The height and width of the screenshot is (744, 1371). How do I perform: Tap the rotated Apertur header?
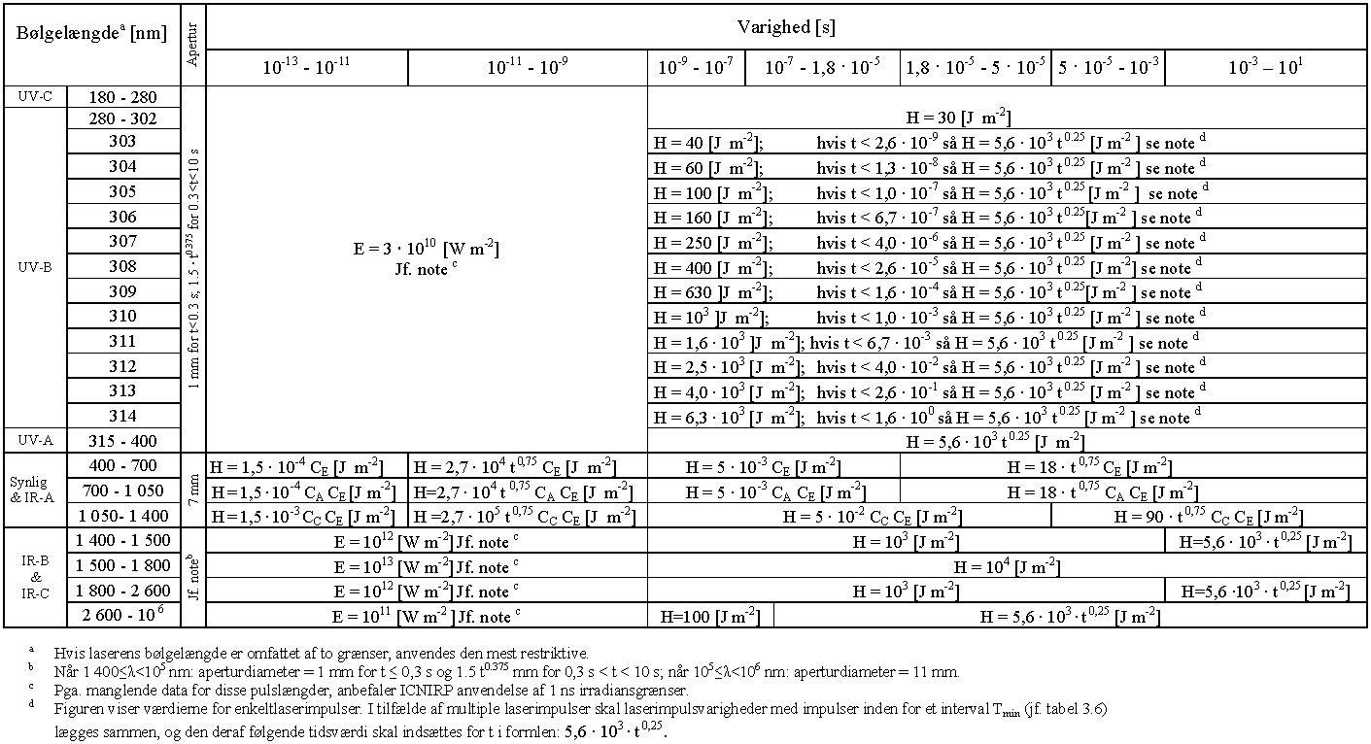(193, 46)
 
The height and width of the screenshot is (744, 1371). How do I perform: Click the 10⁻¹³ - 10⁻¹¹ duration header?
(307, 68)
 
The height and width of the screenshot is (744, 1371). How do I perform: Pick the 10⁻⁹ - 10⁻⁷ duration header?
(697, 68)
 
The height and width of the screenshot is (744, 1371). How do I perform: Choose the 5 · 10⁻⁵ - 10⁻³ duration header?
(1108, 68)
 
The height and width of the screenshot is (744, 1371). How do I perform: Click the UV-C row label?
(36, 97)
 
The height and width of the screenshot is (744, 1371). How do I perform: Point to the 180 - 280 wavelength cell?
(122, 97)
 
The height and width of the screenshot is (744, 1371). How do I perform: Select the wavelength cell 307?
(122, 242)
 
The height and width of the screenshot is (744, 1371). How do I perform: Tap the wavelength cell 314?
(122, 416)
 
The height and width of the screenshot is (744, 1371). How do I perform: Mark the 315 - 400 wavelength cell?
(122, 441)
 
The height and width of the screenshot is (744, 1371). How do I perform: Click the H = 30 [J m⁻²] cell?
(958, 118)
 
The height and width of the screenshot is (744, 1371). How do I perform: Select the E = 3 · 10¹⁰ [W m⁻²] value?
(427, 251)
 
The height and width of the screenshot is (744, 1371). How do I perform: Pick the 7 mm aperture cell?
(193, 490)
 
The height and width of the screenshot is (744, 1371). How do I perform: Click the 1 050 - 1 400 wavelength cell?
(122, 515)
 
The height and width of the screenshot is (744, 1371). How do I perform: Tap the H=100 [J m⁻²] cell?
(710, 616)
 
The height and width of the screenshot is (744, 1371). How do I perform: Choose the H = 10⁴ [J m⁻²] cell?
(1007, 566)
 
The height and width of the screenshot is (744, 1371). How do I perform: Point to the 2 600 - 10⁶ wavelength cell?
(122, 616)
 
